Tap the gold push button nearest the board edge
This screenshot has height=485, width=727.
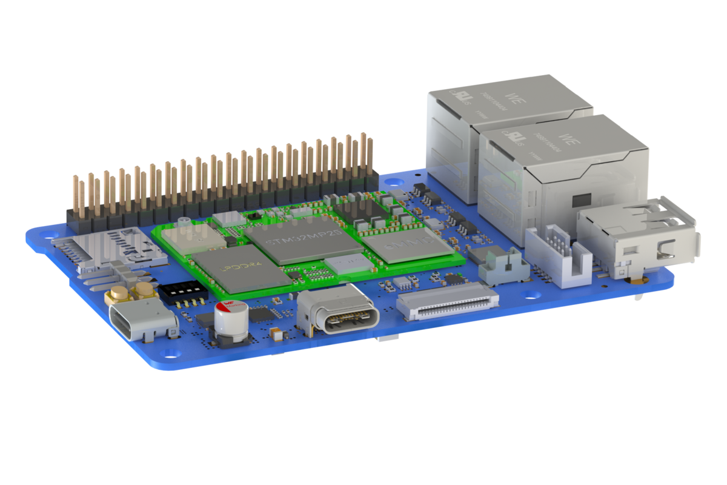click(119, 296)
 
